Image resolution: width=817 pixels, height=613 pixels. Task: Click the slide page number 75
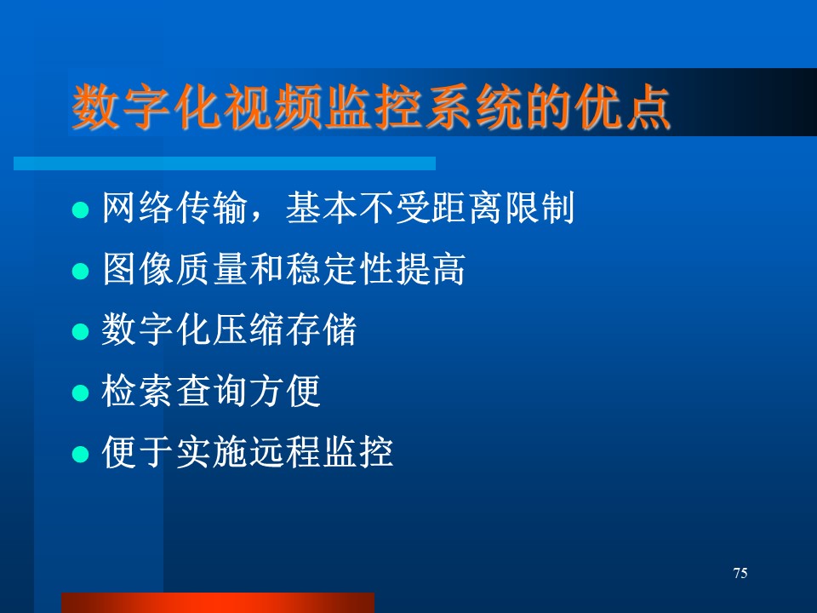[740, 573]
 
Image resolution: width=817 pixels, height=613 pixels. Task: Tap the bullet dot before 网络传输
[80, 210]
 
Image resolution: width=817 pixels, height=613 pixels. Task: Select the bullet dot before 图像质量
[80, 271]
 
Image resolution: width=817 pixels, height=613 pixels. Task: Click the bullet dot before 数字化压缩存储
[80, 331]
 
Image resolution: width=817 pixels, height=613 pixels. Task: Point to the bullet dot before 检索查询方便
[80, 392]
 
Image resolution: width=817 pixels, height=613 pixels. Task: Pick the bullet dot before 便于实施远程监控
[80, 454]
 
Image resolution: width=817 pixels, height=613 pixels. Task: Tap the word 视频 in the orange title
[271, 107]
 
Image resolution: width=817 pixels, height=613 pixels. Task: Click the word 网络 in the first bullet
[138, 208]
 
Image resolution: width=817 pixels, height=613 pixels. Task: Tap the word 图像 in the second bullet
[138, 268]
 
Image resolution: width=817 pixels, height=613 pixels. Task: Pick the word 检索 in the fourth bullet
[138, 391]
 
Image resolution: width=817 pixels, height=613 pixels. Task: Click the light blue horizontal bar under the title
[225, 163]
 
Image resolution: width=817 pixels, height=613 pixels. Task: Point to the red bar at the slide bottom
[218, 603]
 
